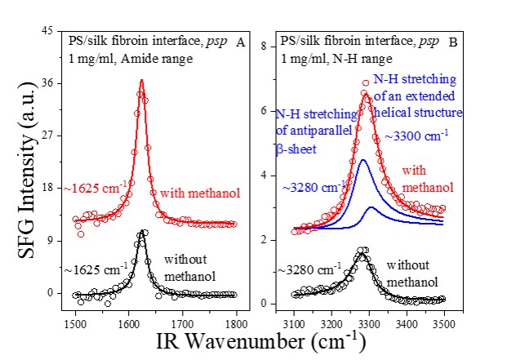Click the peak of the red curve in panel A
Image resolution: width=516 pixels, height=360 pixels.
click(141, 80)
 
